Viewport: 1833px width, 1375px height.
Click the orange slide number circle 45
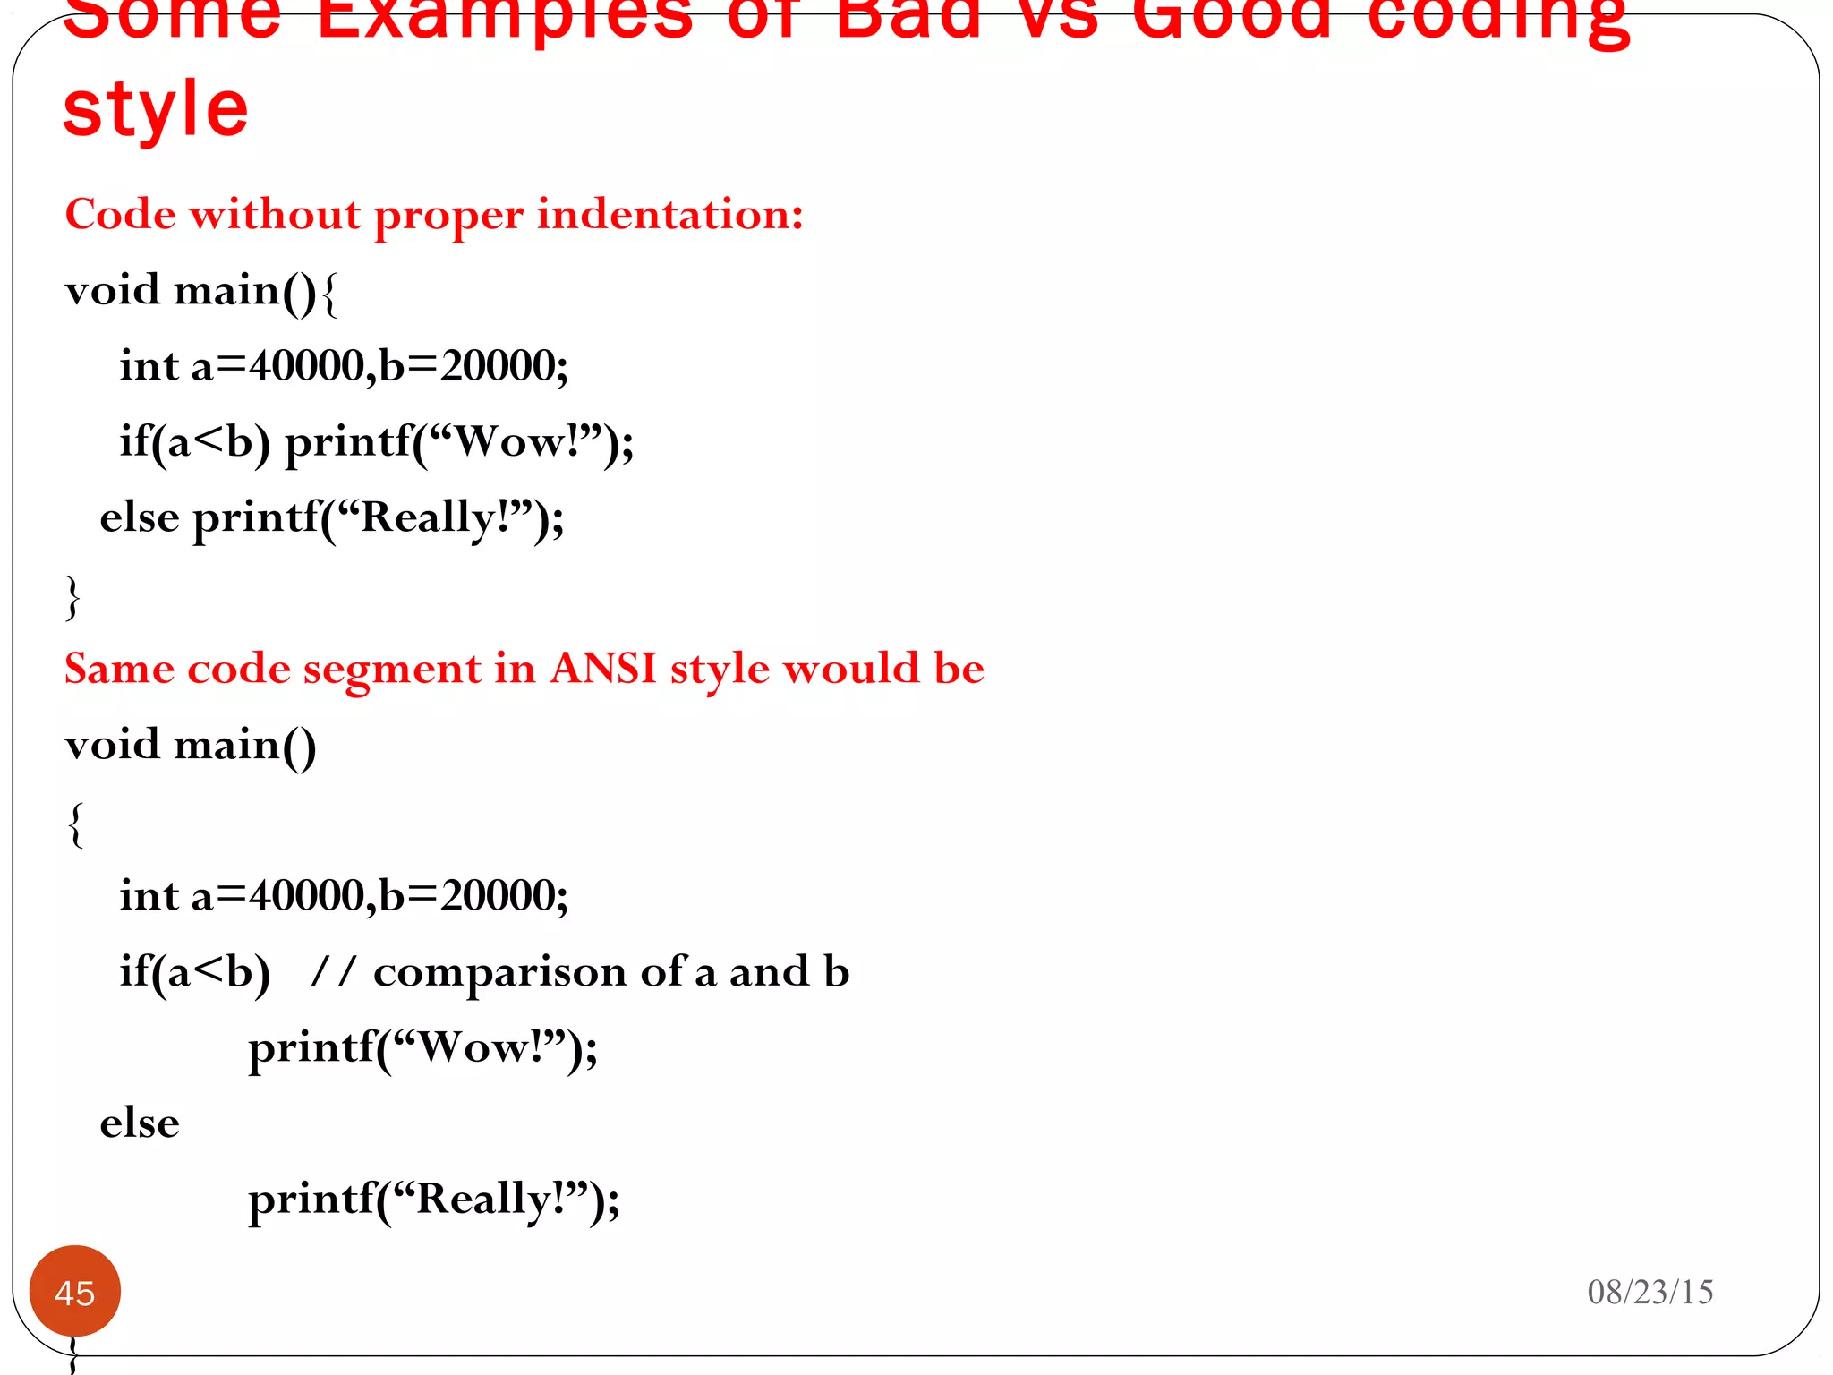point(75,1292)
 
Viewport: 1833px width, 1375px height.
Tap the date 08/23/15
point(1650,1292)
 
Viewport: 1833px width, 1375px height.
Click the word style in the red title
point(156,110)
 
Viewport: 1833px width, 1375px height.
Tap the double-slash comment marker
point(333,972)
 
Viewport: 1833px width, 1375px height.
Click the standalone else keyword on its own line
point(140,1123)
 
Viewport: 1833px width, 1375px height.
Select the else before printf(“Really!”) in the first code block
point(140,518)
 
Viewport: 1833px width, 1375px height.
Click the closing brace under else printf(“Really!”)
point(72,597)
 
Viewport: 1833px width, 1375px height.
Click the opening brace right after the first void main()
point(329,293)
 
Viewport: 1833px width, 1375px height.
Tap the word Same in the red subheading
point(119,669)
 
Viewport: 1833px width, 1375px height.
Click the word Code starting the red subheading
point(120,215)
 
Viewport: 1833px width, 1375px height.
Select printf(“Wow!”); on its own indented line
point(422,1047)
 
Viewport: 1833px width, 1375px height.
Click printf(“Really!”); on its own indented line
point(433,1200)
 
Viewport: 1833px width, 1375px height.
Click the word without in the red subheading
point(274,215)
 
